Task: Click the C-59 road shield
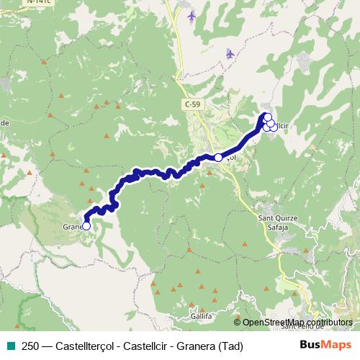[x=191, y=105]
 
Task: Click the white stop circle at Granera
[x=86, y=226]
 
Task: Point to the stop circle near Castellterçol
[x=218, y=157]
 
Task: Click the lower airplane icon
[x=230, y=53]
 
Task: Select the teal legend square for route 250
[x=9, y=346]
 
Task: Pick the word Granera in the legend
[x=194, y=346]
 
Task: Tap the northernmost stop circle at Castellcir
[x=267, y=117]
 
